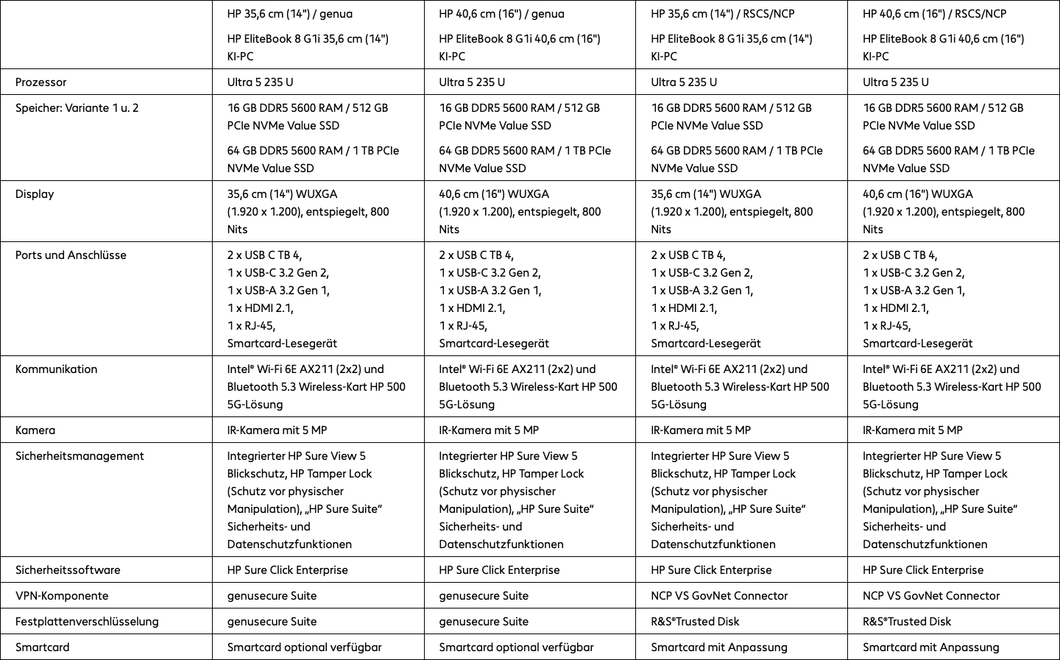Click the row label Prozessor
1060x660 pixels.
41,82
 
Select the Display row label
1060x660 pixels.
35,194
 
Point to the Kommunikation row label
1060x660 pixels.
56,369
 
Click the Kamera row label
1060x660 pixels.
35,430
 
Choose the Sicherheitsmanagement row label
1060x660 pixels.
79,455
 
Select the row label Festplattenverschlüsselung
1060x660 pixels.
87,621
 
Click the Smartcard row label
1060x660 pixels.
43,647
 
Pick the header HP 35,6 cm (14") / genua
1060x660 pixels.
289,13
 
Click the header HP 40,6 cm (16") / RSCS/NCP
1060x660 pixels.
934,13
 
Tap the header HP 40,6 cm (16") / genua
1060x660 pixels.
501,13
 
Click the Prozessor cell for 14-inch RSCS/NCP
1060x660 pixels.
684,82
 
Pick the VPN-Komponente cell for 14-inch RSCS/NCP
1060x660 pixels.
719,595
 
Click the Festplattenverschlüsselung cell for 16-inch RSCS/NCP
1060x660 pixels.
907,621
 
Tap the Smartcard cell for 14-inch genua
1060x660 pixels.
304,647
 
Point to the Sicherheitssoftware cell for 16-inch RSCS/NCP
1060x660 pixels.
923,569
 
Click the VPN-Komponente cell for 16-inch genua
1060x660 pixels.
484,595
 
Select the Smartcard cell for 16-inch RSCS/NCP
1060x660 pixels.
931,647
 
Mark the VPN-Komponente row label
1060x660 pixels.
62,595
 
